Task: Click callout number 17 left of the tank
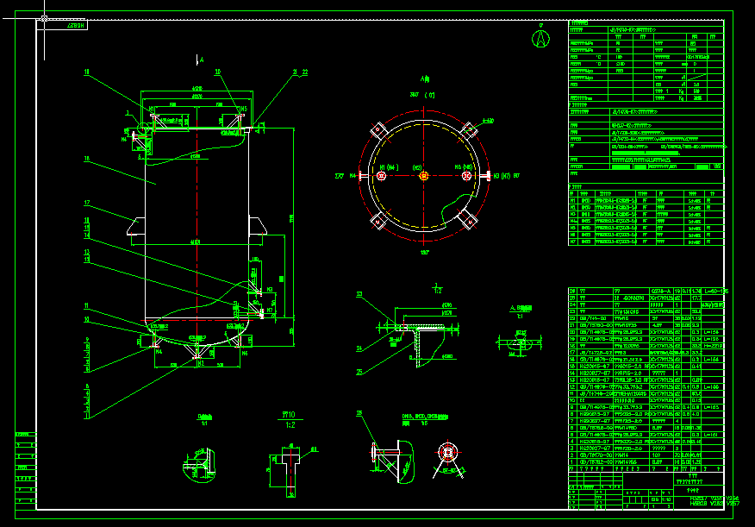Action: pos(87,204)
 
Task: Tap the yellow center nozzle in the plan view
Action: pos(423,176)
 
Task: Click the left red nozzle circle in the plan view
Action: pos(380,176)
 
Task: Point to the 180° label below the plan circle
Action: pos(422,252)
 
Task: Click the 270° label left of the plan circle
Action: pos(339,176)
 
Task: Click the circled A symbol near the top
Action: pos(540,38)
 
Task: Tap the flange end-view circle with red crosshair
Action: pos(446,453)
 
